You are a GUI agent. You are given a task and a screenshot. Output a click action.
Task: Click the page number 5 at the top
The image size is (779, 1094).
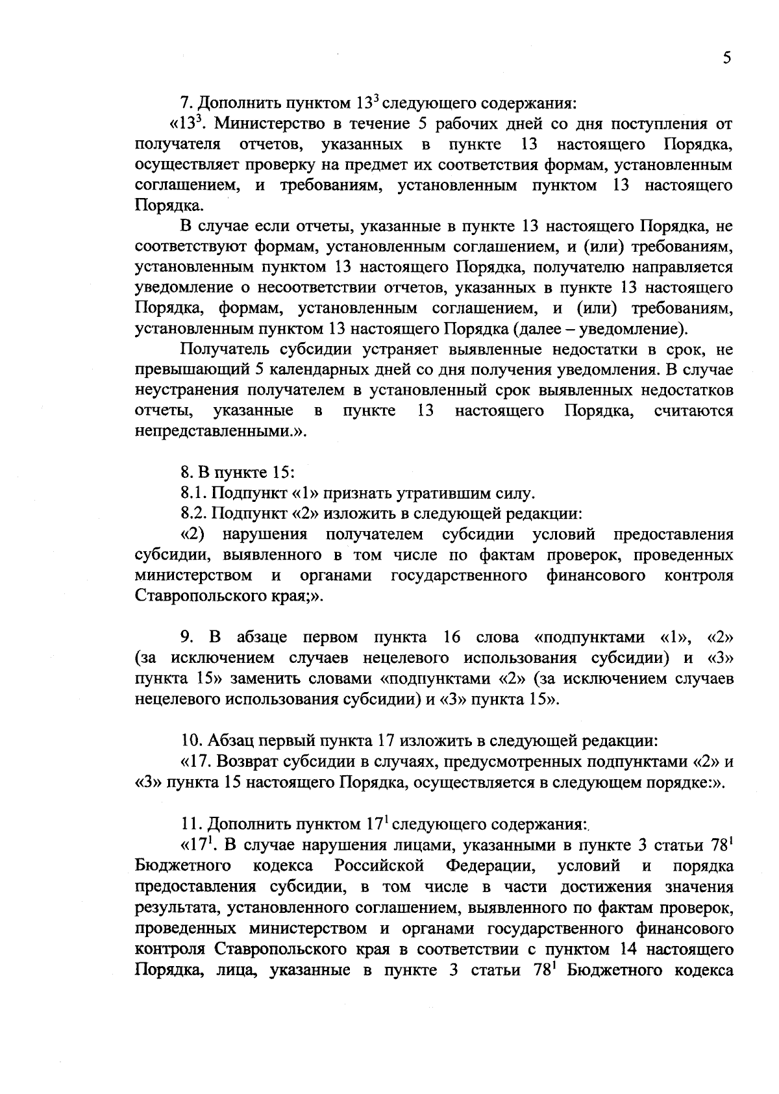point(726,58)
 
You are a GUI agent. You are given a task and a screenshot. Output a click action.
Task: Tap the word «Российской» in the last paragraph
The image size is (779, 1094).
point(380,865)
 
